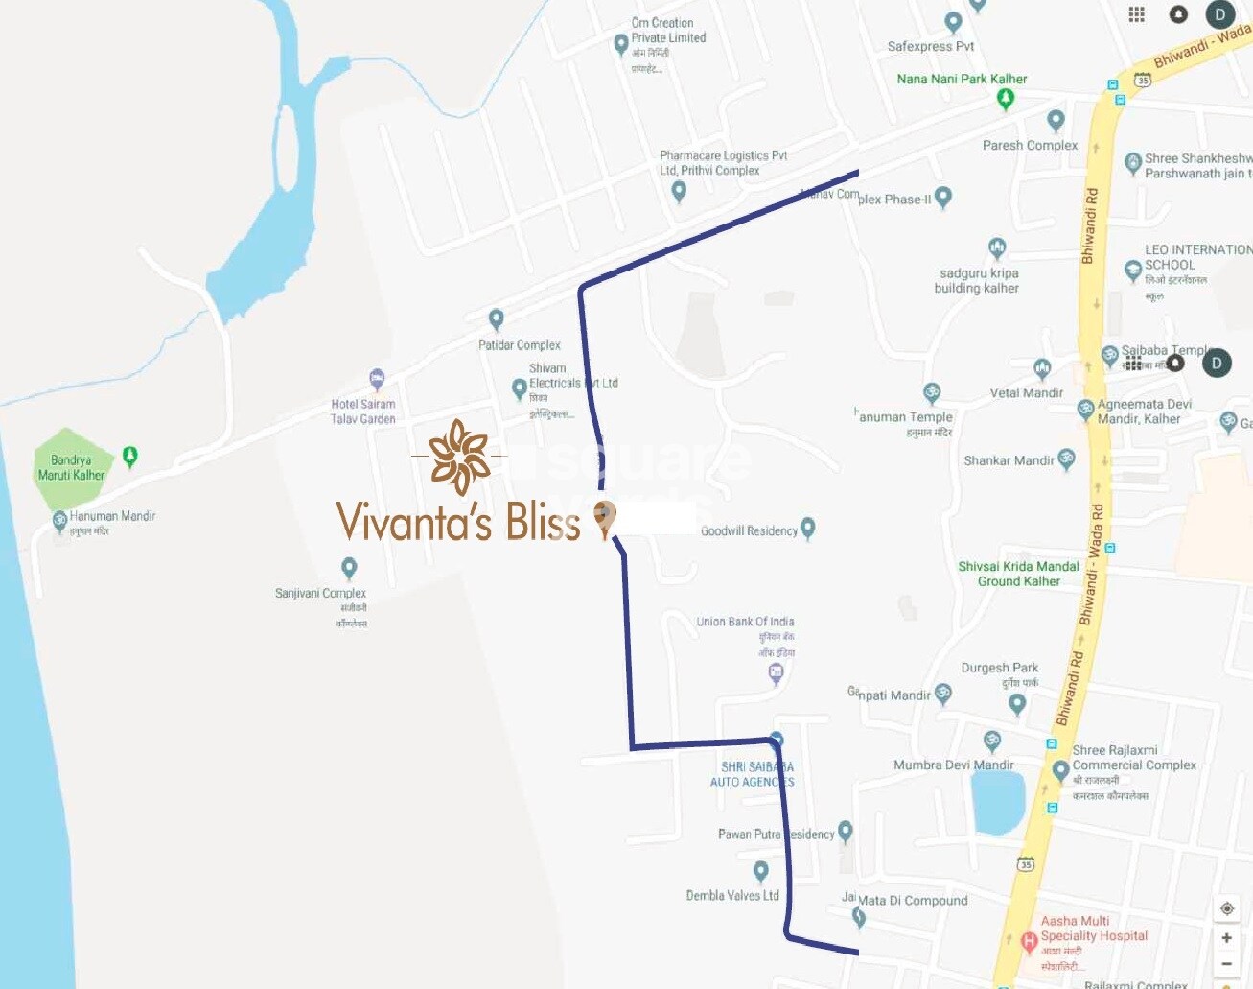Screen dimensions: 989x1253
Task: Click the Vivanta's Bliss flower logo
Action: click(x=459, y=457)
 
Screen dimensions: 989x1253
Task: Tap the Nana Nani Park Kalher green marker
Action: click(x=1005, y=97)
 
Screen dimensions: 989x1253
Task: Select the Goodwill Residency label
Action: click(x=748, y=530)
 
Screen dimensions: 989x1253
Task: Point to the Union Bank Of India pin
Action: click(x=777, y=672)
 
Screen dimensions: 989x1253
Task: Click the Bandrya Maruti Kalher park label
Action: click(x=71, y=467)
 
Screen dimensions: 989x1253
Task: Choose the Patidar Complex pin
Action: click(x=496, y=318)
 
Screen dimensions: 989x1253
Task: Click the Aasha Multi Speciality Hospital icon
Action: click(x=1029, y=942)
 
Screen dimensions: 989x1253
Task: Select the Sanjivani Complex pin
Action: click(x=349, y=568)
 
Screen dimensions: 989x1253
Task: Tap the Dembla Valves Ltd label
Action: click(x=731, y=895)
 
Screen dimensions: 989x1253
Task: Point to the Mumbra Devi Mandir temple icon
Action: click(x=992, y=741)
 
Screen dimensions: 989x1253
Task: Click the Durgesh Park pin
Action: click(x=1017, y=704)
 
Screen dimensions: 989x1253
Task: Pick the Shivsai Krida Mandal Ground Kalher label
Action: click(x=1018, y=574)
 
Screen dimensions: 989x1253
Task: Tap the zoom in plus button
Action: click(x=1226, y=937)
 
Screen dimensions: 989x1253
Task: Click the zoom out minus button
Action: click(x=1226, y=963)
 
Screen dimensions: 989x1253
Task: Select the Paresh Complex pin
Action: click(x=1056, y=120)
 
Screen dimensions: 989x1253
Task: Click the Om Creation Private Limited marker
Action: click(x=620, y=43)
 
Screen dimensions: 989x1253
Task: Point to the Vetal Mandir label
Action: click(x=1026, y=392)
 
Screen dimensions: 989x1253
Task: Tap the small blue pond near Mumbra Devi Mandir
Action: click(x=998, y=800)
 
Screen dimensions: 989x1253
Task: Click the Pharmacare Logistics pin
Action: click(x=679, y=191)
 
